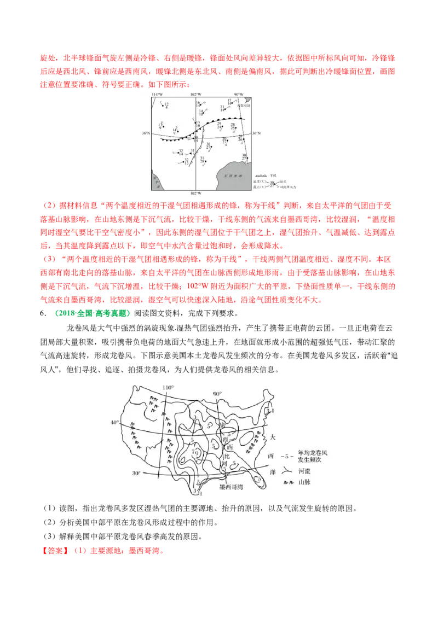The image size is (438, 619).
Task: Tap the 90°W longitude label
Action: coord(238,95)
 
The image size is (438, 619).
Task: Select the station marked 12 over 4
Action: coord(166,105)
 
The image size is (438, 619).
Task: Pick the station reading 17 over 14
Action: coord(230,102)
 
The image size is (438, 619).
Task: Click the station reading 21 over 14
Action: coord(223,108)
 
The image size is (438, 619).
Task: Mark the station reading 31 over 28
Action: coord(203,160)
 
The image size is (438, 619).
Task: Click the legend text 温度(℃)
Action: coord(260,182)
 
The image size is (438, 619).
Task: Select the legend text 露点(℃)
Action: coord(260,187)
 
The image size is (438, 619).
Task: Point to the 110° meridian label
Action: coord(168,387)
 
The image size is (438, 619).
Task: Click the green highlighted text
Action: coord(92,314)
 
